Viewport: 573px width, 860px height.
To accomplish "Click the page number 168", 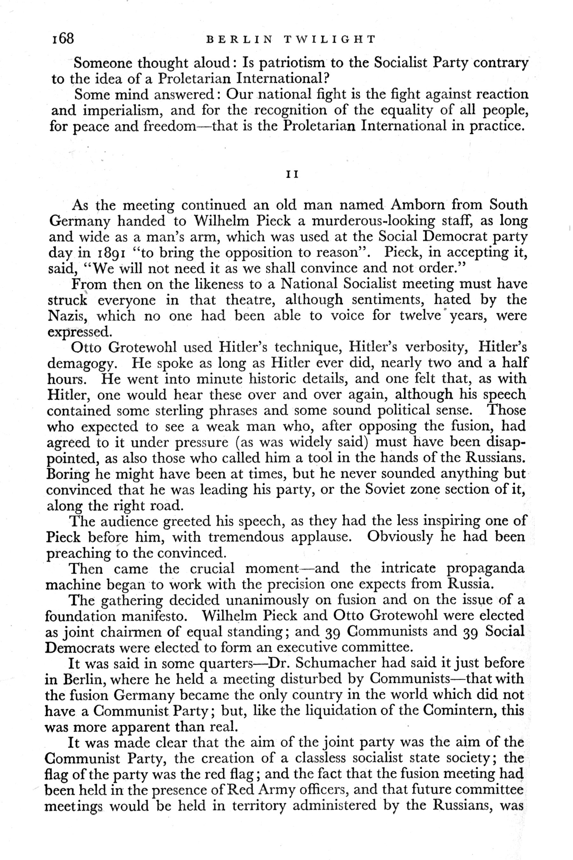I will pyautogui.click(x=63, y=38).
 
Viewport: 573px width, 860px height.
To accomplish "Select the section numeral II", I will pyautogui.click(x=292, y=175).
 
